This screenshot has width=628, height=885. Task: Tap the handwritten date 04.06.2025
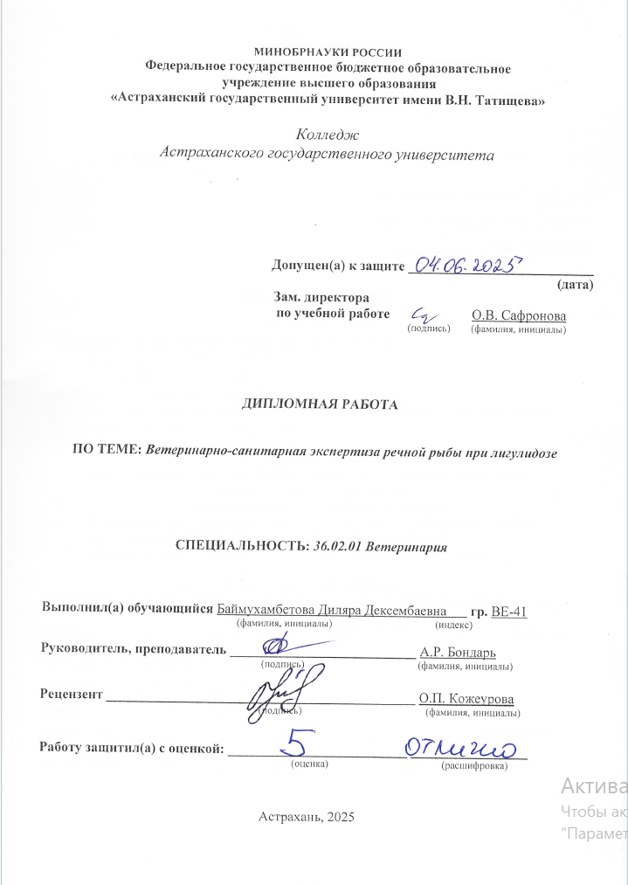468,264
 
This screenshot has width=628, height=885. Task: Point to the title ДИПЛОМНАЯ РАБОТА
319,405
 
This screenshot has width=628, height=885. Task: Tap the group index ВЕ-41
509,611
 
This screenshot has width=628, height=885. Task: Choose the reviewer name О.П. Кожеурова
466,698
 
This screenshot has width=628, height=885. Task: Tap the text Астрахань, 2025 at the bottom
306,817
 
